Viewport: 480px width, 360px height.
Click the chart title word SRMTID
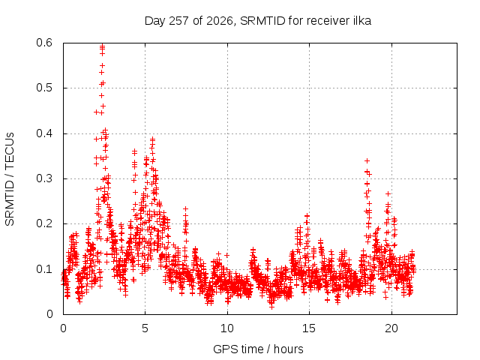pos(262,21)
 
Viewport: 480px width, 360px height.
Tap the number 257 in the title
pos(179,21)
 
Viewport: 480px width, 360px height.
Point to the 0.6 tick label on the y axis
pos(44,43)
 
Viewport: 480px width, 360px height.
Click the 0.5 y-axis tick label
pos(44,88)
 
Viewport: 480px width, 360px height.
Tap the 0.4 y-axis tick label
pos(44,133)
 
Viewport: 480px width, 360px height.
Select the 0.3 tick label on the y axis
pos(44,178)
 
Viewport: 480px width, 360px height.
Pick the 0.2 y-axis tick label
pos(44,223)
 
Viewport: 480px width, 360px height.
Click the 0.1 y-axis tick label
pos(44,269)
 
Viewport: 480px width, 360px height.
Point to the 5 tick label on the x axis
pos(145,328)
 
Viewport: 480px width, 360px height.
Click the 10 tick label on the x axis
pos(227,328)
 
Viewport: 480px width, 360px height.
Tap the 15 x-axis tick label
pos(309,328)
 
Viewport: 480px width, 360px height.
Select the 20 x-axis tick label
pos(391,328)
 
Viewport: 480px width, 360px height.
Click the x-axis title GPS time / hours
pos(258,349)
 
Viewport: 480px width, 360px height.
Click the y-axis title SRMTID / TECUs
pos(10,179)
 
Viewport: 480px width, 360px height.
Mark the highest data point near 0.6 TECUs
pos(102,46)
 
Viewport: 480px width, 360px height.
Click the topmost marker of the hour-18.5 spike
pos(367,160)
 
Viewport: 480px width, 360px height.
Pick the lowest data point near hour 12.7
pos(271,307)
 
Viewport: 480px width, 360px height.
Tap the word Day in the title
pos(154,21)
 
